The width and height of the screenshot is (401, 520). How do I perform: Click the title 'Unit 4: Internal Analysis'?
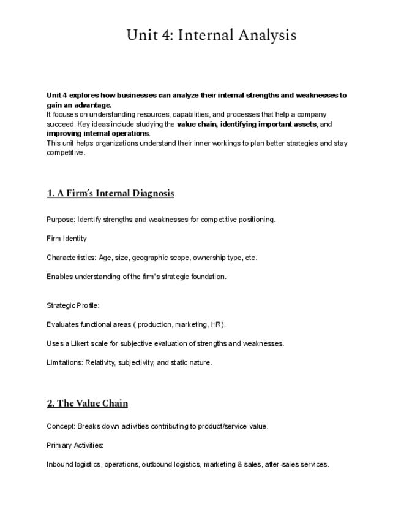tap(211, 35)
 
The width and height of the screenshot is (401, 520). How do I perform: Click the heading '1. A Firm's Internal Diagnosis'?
tap(110, 193)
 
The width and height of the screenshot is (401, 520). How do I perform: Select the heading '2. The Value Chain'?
tap(87, 403)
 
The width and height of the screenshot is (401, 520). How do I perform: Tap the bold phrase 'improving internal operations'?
tap(97, 133)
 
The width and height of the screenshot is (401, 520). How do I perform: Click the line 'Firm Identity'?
tap(67, 239)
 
